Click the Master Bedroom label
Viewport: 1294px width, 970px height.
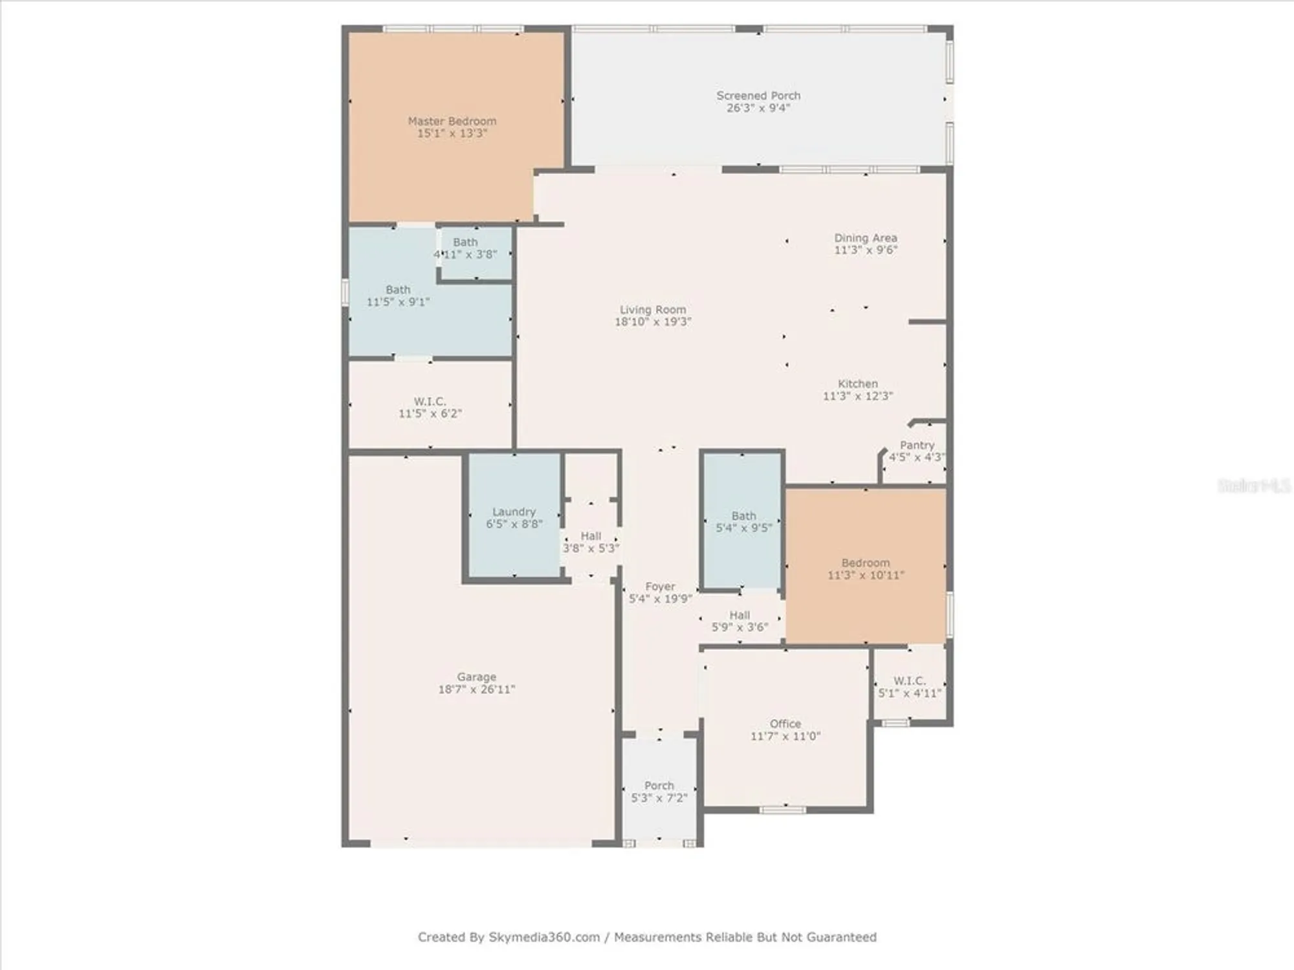click(452, 122)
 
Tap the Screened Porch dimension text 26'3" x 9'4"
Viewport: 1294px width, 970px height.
click(758, 108)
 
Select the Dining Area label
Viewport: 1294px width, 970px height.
click(865, 238)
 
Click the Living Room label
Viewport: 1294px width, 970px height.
click(652, 310)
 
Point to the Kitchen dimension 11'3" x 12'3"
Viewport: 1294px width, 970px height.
click(857, 396)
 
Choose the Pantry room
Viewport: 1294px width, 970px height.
click(916, 451)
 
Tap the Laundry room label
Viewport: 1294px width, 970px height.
click(514, 512)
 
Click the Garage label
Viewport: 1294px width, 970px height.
click(476, 677)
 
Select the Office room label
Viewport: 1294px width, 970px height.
click(785, 724)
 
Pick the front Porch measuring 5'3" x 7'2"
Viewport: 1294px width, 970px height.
click(659, 792)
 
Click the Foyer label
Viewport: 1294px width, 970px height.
click(660, 587)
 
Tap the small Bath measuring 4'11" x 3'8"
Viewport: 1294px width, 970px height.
click(465, 248)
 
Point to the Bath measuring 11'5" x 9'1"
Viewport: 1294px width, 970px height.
click(398, 296)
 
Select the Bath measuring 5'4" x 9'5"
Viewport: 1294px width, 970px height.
click(743, 521)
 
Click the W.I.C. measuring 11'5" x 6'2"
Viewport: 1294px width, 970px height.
click(430, 407)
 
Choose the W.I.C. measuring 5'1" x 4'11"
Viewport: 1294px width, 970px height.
click(909, 687)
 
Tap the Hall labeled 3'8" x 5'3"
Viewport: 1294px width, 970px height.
click(590, 542)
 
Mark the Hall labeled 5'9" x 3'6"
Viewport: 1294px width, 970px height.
click(740, 621)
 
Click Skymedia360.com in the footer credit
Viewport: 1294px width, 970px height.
click(543, 937)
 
